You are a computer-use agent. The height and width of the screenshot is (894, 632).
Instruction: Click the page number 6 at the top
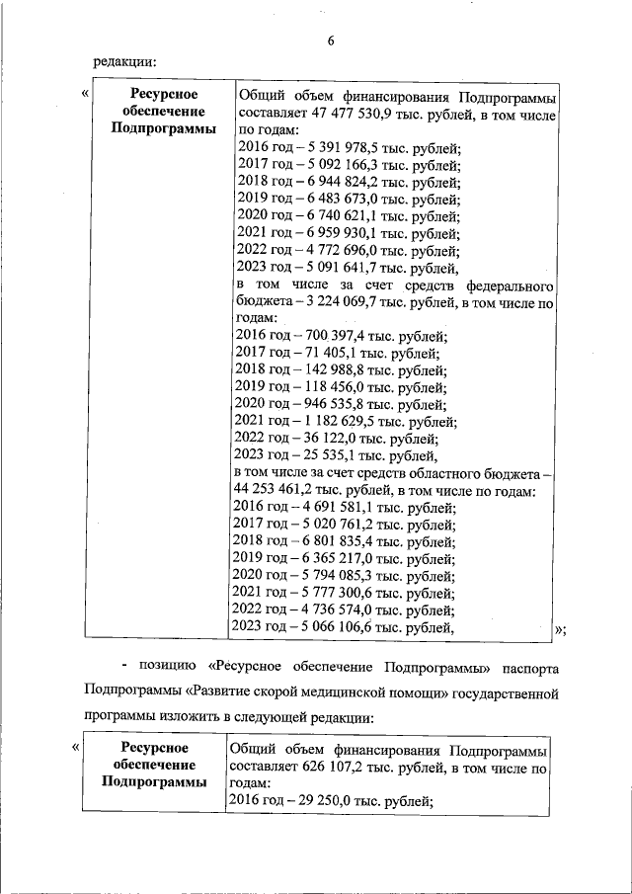(x=330, y=41)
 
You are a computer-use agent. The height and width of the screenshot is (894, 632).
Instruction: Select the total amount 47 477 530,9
(x=350, y=114)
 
